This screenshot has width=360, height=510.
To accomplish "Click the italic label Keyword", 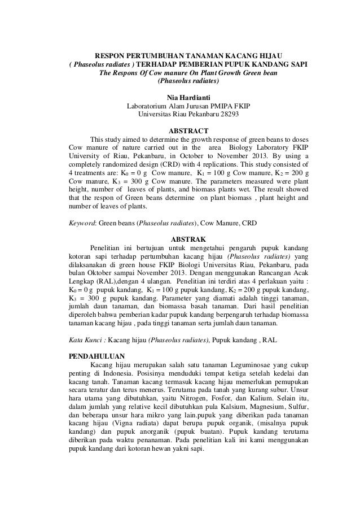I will coord(81,223).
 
